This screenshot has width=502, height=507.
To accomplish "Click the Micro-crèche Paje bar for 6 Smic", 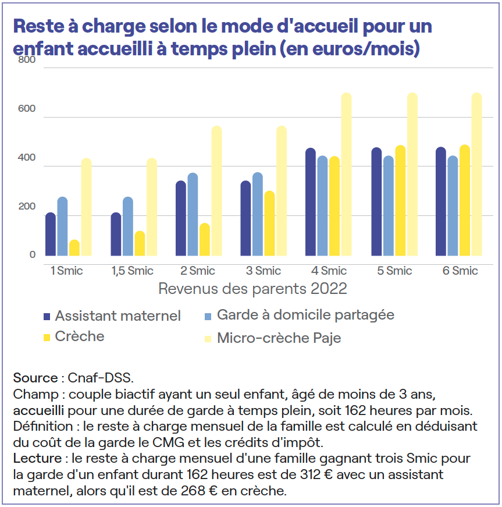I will tap(476, 174).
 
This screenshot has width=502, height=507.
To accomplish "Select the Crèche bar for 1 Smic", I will tap(74, 247).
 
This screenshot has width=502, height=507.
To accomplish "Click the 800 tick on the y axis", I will tap(27, 60).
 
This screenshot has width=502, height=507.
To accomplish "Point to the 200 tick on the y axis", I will tap(27, 207).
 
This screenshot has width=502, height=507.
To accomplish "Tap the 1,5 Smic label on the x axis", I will tap(133, 271).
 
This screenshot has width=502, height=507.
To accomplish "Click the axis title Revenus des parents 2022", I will tap(252, 288).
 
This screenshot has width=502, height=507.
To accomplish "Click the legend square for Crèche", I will tap(47, 337).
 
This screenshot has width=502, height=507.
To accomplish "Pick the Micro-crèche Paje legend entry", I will tap(279, 338).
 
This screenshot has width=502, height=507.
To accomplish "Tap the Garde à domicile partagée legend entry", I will tap(305, 315).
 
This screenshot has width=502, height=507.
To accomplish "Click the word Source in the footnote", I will tap(35, 378).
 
